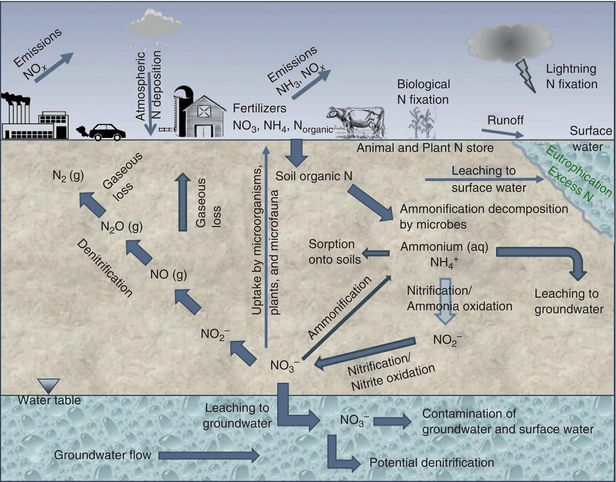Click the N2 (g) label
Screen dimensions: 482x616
pos(68,175)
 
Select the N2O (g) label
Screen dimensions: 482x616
pos(122,226)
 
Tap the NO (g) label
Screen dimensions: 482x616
pos(168,275)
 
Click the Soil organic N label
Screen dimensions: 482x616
pos(314,176)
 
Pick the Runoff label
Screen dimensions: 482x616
pos(505,120)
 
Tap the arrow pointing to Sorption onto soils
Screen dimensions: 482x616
pos(376,254)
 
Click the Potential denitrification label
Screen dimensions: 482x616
pos(432,463)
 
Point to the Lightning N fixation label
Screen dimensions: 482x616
pos(571,76)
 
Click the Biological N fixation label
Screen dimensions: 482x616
pos(423,92)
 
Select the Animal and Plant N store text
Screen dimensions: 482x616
pos(425,148)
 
